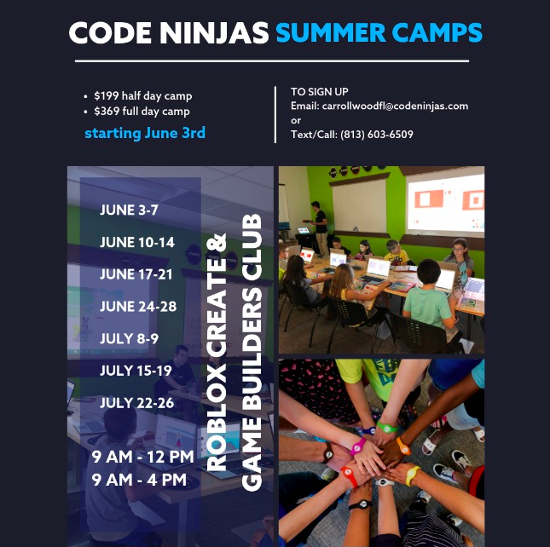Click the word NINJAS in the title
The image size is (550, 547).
point(214,33)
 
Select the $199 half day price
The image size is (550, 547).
point(143,96)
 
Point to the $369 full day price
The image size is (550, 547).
point(142,112)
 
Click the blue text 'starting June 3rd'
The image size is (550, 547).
point(145,133)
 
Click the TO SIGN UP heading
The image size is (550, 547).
point(320,92)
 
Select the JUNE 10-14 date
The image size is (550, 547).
point(137,242)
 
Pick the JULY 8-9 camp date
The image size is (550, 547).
point(129,338)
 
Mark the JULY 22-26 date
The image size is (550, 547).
point(136,403)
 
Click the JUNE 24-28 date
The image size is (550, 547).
point(138,307)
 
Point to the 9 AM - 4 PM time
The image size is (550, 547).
point(139,480)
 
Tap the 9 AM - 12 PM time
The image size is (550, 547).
point(142,457)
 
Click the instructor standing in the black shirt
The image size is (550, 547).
point(319,227)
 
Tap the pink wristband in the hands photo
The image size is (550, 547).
point(358,446)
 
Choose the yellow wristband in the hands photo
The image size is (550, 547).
point(413,475)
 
